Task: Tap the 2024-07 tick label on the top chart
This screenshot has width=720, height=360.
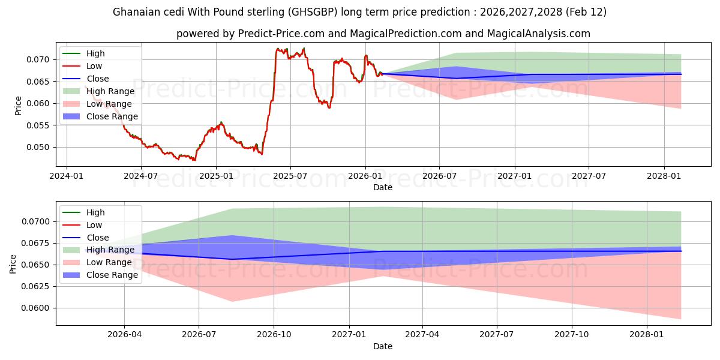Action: [141, 176]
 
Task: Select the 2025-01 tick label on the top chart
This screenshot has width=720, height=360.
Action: [215, 176]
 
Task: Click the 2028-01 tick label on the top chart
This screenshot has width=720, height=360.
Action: [664, 176]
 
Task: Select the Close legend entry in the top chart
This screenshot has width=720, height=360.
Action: [98, 79]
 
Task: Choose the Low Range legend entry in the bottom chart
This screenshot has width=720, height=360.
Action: [109, 262]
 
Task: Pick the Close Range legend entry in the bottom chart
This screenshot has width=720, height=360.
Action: [112, 275]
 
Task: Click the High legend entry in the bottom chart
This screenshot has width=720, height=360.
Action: [95, 212]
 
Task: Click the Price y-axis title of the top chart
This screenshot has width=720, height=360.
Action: [18, 106]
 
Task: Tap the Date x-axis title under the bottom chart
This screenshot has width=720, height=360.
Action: [383, 346]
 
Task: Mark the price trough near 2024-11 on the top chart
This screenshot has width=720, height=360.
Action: [194, 160]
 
